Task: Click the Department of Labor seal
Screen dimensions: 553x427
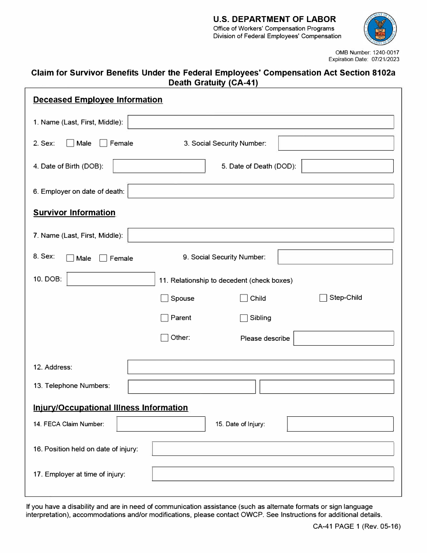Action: click(381, 29)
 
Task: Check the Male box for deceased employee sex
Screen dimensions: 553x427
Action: click(70, 143)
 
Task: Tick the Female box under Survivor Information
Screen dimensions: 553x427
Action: click(103, 258)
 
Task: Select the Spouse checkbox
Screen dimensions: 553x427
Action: click(165, 298)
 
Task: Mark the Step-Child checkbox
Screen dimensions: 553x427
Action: click(323, 298)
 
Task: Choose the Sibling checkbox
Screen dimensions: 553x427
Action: click(244, 318)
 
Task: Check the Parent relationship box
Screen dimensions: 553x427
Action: click(165, 318)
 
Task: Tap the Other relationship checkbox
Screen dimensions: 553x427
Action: click(165, 338)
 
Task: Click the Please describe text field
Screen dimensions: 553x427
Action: click(343, 338)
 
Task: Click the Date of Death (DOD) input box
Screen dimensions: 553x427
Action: click(347, 166)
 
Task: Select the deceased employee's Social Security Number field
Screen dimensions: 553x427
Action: click(336, 143)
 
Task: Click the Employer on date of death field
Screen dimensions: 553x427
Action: click(261, 191)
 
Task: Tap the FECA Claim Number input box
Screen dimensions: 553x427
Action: click(161, 424)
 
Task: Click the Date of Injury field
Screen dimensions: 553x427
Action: click(340, 424)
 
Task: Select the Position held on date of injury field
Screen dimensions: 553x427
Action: click(273, 449)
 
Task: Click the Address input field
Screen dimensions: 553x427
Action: click(261, 367)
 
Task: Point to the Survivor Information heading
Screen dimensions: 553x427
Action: click(74, 213)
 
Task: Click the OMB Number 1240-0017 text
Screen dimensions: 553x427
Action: click(367, 53)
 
